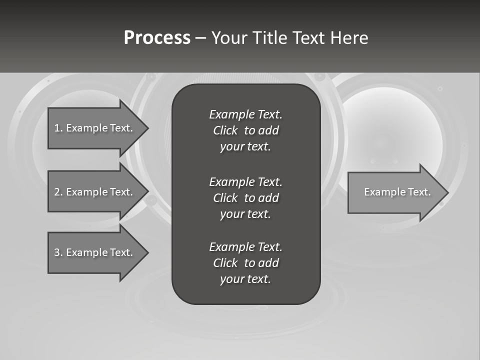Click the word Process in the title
point(157,38)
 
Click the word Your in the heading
point(229,38)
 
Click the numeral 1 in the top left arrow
point(56,128)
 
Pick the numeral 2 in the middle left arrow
point(57,192)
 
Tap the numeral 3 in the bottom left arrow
point(57,252)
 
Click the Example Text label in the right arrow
point(397,192)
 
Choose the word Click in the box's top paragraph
point(225,130)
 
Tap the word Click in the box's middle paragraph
point(225,198)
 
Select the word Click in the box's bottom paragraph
point(225,263)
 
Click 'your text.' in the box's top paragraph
point(245,147)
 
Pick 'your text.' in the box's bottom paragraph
point(245,279)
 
